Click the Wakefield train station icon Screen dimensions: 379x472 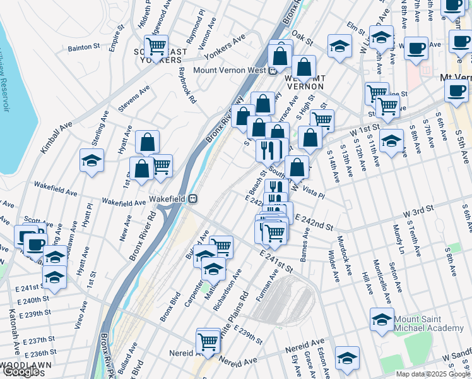[x=193, y=199]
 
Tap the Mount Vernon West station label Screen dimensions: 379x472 [x=230, y=71]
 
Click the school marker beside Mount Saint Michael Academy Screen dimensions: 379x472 [x=382, y=321]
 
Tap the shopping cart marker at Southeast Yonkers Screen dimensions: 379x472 [x=156, y=46]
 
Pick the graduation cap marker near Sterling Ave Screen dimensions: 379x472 [x=92, y=160]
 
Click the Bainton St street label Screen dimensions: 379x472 [x=85, y=47]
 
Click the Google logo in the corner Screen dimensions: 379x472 [x=21, y=372]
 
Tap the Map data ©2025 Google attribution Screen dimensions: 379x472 [x=433, y=374]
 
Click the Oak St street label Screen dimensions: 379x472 [x=303, y=39]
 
